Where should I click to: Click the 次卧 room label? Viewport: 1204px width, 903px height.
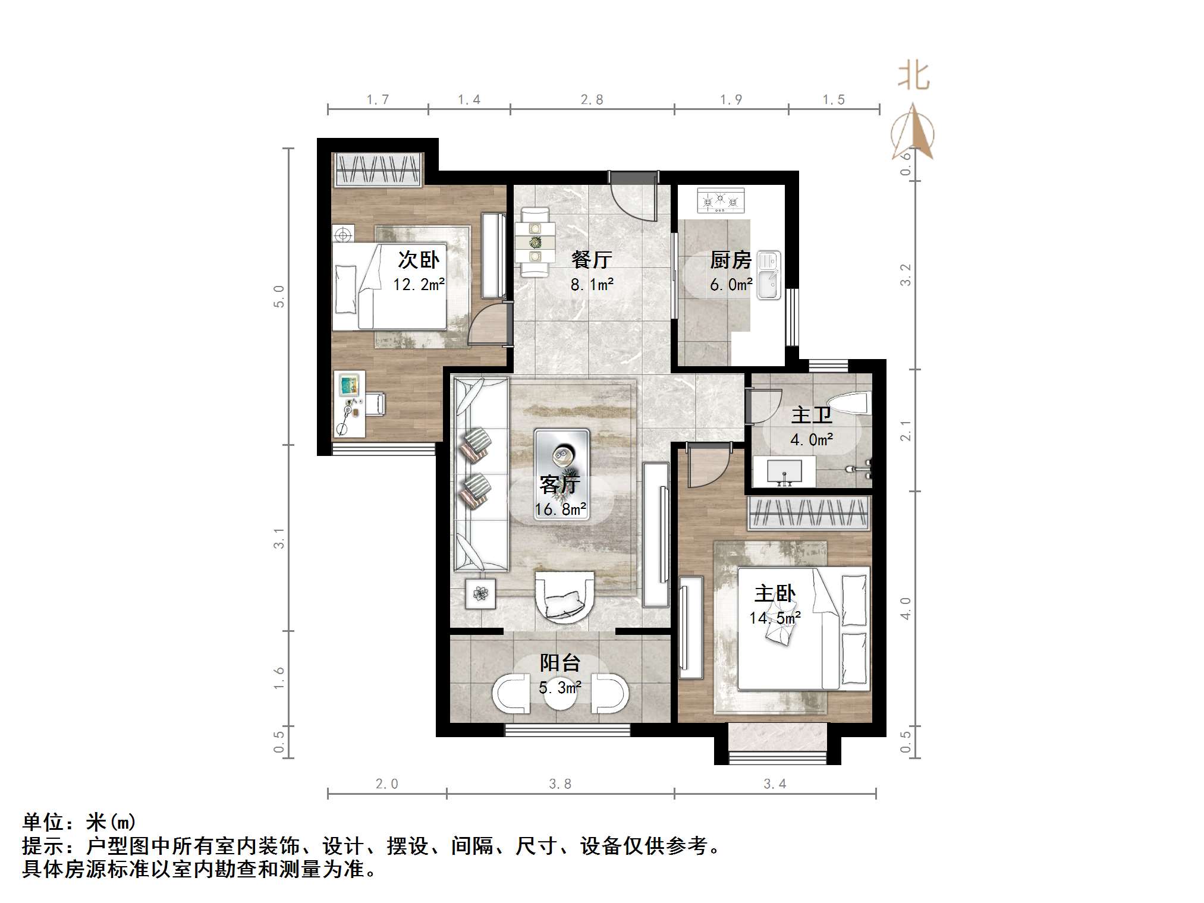click(418, 260)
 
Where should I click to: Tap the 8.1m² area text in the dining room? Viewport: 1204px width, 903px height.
click(592, 285)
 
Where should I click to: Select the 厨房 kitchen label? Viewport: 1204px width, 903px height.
click(730, 260)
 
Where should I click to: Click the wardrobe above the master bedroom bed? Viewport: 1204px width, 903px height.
click(808, 513)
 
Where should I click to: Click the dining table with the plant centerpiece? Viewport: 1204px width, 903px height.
click(535, 241)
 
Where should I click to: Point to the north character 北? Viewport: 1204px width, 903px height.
click(913, 77)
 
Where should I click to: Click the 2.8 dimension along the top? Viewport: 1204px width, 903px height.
click(592, 100)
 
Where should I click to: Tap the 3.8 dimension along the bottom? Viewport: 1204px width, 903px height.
click(559, 784)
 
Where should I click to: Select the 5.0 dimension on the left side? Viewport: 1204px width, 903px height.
click(278, 296)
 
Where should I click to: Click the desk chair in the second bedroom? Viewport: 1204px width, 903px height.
click(376, 403)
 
